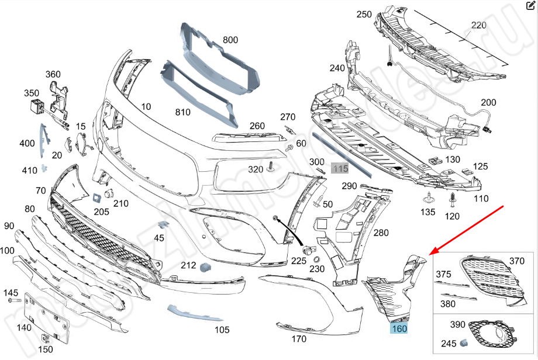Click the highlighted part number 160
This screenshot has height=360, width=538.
pyautogui.click(x=399, y=328)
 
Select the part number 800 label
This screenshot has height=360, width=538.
pyautogui.click(x=230, y=40)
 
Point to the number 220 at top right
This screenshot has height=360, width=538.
pyautogui.click(x=479, y=25)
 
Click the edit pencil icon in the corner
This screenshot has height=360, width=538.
pyautogui.click(x=531, y=6)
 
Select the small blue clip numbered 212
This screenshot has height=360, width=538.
pyautogui.click(x=205, y=267)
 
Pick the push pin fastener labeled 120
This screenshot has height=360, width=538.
pyautogui.click(x=452, y=202)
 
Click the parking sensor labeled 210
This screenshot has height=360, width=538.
pyautogui.click(x=108, y=193)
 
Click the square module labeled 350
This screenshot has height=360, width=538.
pyautogui.click(x=37, y=108)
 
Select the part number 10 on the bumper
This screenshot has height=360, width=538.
pyautogui.click(x=146, y=106)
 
